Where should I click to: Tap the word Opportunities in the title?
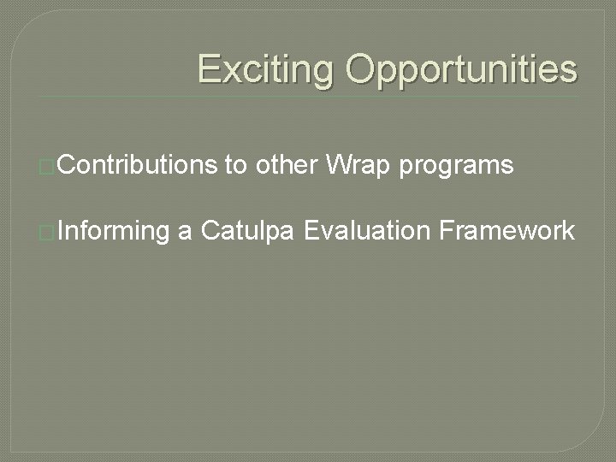point(461,68)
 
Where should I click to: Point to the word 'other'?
point(287,164)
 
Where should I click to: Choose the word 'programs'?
point(456,166)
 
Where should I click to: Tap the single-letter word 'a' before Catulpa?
point(184,230)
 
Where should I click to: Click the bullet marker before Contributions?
point(48,166)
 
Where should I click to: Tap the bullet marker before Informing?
point(48,231)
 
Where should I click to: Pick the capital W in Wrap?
point(337,164)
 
